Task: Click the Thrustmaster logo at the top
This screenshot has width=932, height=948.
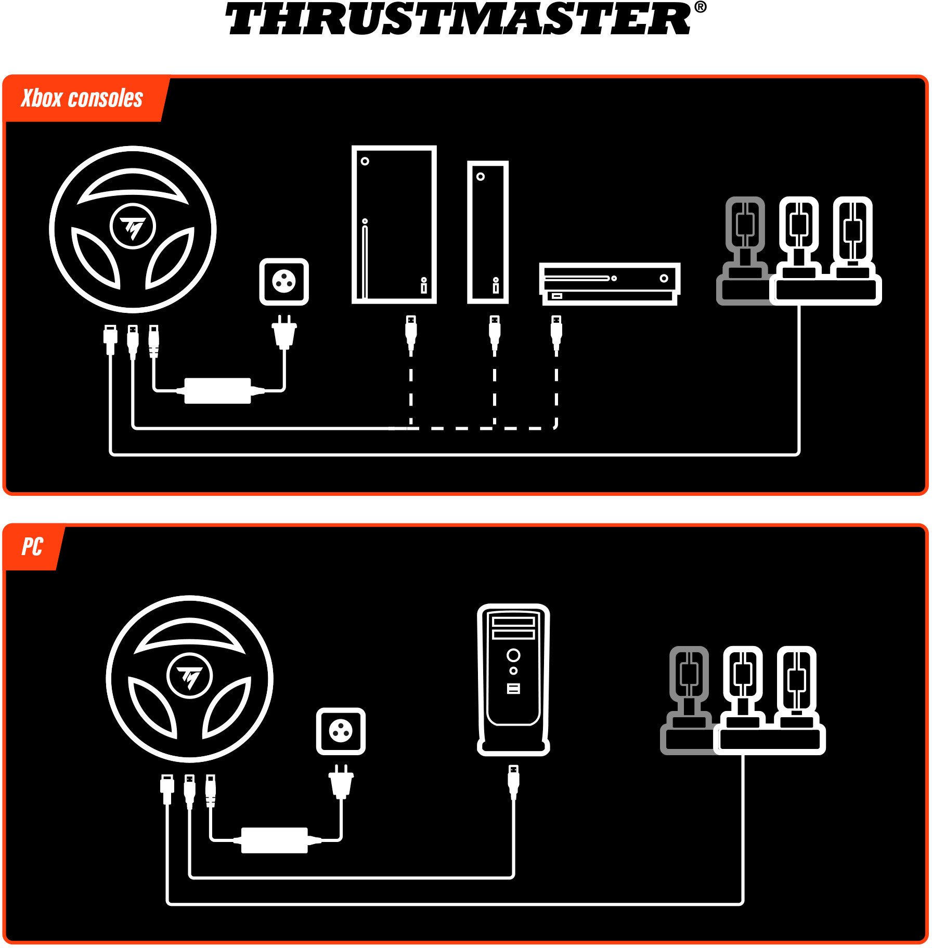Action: (465, 19)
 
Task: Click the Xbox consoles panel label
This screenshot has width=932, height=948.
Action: (82, 98)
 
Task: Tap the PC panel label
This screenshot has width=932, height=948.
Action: (32, 547)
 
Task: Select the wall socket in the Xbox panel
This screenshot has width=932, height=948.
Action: (284, 281)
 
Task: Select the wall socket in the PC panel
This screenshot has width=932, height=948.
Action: (341, 731)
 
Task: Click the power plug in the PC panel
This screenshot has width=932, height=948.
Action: (341, 781)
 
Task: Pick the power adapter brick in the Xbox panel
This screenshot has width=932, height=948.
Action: (218, 391)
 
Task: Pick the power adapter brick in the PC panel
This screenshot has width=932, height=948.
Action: (275, 840)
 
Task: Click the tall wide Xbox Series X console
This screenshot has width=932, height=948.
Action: (394, 225)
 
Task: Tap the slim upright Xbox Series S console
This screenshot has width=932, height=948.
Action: (488, 232)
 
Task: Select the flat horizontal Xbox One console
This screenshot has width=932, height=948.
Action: (610, 284)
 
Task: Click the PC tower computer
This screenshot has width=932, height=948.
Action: (513, 679)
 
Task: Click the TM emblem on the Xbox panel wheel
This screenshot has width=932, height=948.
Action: (133, 227)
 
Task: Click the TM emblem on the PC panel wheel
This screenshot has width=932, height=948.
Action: (189, 676)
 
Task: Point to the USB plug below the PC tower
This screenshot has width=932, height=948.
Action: (513, 782)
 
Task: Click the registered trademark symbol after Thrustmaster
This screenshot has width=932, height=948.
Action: (700, 7)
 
